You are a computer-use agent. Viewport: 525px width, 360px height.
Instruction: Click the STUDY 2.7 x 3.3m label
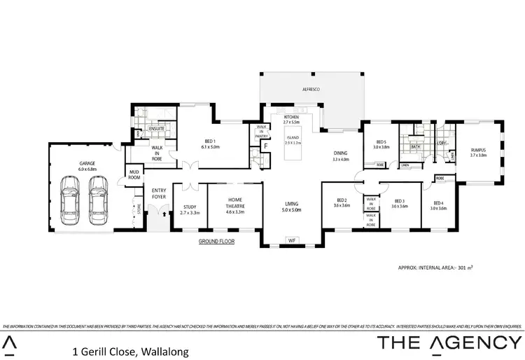190,209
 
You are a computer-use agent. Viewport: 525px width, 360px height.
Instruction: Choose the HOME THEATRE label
234,205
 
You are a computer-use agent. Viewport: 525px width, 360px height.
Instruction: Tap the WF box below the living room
292,241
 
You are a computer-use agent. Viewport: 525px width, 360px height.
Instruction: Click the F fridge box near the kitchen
266,146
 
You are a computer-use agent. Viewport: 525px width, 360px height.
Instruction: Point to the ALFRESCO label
311,90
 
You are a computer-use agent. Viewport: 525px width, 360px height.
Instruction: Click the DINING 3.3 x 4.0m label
341,156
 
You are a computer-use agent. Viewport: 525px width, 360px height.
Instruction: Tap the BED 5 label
381,144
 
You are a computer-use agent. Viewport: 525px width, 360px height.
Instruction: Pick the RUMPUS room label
478,153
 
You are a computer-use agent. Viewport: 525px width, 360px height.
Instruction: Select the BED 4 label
437,205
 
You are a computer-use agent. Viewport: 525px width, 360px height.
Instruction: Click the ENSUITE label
157,129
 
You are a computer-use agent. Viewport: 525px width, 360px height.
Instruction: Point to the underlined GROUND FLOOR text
217,241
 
